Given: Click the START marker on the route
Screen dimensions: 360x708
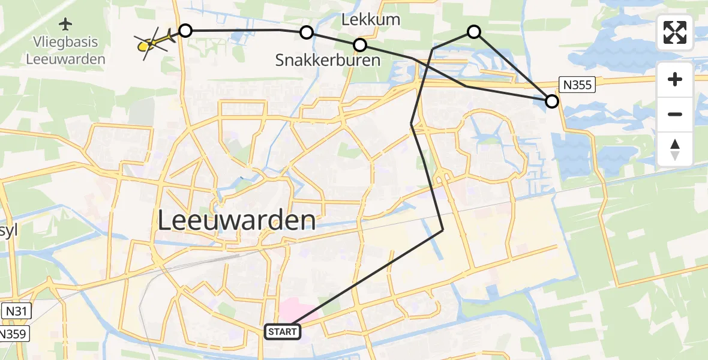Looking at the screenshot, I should (283, 332).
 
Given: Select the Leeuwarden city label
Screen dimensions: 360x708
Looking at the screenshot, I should (237, 221).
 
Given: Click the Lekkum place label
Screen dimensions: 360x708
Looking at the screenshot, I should (370, 19).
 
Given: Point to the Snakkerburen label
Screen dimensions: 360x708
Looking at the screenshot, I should (328, 60).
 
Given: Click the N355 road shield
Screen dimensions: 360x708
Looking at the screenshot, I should (578, 85).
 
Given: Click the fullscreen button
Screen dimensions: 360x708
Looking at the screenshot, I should (675, 32).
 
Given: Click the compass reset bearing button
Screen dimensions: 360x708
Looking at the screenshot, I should (675, 149).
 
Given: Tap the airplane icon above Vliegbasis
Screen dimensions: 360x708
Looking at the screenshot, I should (65, 25).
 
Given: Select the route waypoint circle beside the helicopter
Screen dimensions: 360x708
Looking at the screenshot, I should (185, 31).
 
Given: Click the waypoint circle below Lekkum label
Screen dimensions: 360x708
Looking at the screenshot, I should (360, 45).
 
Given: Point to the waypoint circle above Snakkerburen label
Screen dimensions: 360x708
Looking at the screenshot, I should (307, 32).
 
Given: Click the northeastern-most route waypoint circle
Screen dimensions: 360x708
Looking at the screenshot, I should (474, 32).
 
